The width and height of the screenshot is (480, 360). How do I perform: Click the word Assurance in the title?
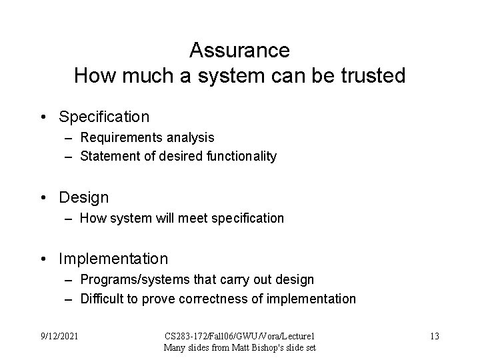coord(239,51)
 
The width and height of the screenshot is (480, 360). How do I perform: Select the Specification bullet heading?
coord(104,117)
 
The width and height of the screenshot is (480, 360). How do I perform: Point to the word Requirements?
coord(117,137)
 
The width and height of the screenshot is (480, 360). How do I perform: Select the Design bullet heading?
coord(84,198)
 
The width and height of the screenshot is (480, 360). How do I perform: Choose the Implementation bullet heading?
coord(113,259)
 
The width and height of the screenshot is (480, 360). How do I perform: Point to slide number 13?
coord(434,336)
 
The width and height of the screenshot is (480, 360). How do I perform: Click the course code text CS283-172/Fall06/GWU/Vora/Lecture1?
coord(239,336)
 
